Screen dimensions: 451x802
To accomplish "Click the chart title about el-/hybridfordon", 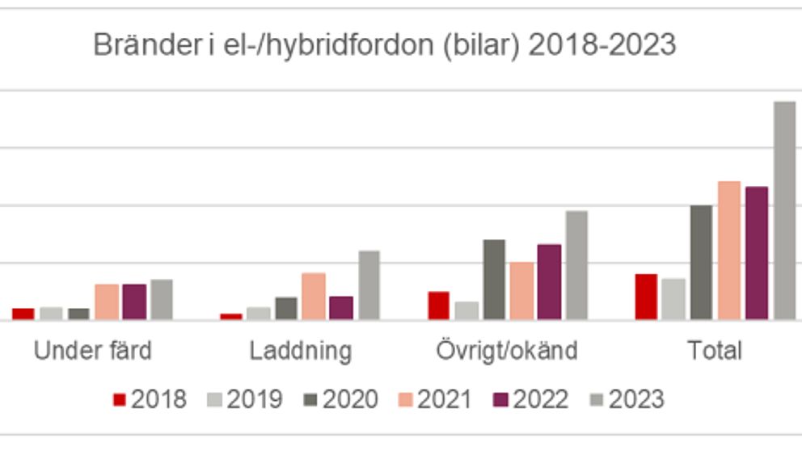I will [384, 45].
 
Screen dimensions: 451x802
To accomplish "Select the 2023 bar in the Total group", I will [785, 211].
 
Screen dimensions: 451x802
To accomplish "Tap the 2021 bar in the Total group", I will [729, 251].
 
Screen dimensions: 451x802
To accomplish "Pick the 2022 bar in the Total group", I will [757, 253].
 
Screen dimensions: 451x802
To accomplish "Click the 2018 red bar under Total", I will [646, 297].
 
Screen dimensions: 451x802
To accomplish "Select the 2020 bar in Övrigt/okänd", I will [494, 280].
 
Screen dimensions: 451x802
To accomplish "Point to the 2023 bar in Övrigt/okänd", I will [576, 265].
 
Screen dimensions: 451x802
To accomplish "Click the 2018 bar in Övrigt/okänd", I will [438, 306].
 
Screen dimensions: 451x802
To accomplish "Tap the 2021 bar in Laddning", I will [314, 296].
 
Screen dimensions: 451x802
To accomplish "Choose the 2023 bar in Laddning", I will [369, 285].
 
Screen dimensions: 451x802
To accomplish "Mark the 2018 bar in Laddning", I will [231, 316].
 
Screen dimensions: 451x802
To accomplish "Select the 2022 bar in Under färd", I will [134, 301].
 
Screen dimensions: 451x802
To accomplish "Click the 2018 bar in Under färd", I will [23, 314].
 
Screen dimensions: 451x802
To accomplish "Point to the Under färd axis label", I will [92, 351].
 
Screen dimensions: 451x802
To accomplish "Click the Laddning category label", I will [301, 351].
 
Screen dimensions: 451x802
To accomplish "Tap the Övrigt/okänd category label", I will [507, 351].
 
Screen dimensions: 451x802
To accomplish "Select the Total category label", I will [715, 351].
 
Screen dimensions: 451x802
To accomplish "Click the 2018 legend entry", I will [150, 399].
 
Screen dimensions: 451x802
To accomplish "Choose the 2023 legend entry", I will [627, 399].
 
